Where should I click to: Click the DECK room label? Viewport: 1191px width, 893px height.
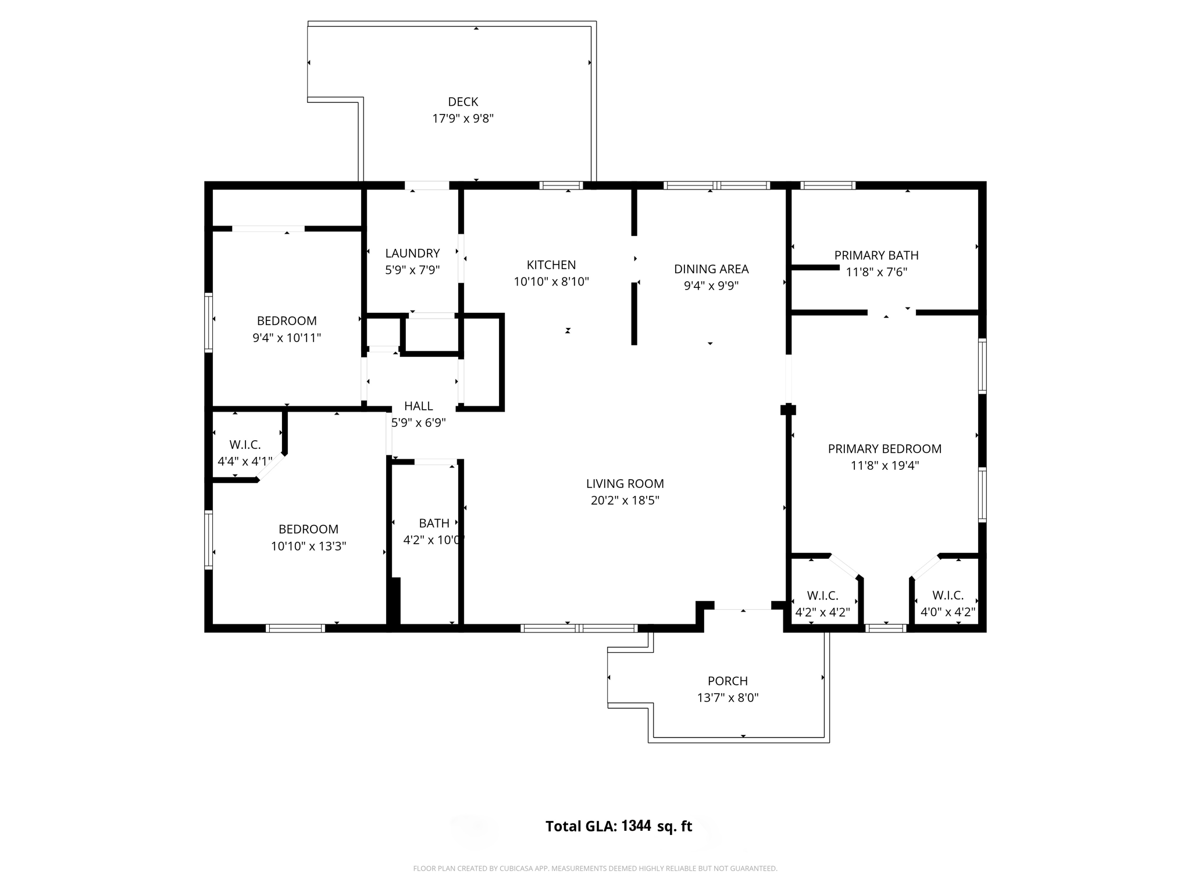tap(463, 102)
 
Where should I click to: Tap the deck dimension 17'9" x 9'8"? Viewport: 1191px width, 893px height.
tap(463, 119)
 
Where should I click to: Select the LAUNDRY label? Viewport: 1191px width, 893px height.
tap(412, 253)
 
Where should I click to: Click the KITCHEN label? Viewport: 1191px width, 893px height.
tap(551, 265)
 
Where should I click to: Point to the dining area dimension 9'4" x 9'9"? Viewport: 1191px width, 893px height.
tap(711, 286)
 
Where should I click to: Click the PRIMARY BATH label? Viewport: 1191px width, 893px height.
tap(876, 255)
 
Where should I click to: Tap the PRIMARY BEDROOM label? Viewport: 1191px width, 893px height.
tap(884, 449)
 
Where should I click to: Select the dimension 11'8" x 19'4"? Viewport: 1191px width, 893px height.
tap(884, 466)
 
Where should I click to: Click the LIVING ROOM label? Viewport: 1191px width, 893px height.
tap(625, 484)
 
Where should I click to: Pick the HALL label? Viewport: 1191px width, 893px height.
tap(418, 406)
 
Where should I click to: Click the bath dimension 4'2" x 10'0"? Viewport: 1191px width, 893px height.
tap(433, 540)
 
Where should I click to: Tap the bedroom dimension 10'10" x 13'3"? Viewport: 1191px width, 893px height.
tap(308, 546)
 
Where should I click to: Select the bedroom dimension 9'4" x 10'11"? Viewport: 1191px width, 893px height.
tap(286, 338)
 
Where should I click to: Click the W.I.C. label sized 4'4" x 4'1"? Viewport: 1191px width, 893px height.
tap(245, 445)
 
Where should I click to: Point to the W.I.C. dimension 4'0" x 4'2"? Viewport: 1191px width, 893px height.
tap(947, 612)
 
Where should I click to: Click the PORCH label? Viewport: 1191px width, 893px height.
tap(728, 681)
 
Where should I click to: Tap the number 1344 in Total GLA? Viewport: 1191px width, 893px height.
tap(636, 826)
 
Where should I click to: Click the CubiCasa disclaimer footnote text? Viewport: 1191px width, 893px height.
tap(595, 869)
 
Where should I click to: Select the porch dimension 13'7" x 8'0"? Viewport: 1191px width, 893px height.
tap(728, 698)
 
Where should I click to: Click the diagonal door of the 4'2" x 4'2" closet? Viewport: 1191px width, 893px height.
tap(844, 566)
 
